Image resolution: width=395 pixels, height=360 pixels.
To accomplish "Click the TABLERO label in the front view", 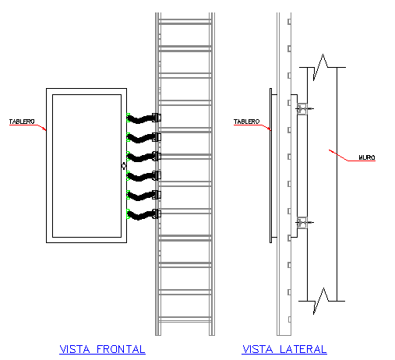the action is click(x=22, y=122).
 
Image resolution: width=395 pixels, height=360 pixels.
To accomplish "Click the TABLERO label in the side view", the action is click(x=246, y=122).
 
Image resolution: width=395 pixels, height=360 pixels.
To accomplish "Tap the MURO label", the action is click(x=367, y=157).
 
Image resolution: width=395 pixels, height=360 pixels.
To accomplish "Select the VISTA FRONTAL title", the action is click(x=102, y=349).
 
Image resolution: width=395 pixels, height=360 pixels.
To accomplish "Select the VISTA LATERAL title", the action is click(x=284, y=349).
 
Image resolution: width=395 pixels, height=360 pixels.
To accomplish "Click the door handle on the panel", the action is click(x=124, y=165).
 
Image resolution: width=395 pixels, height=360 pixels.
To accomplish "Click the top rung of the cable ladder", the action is click(x=185, y=22).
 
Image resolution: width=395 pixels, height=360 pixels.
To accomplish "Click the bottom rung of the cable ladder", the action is click(x=185, y=319).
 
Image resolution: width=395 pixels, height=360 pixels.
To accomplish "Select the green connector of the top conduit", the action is click(x=128, y=118).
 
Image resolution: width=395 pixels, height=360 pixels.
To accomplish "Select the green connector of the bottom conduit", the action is click(x=128, y=214).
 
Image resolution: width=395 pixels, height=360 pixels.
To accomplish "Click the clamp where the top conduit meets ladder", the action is click(x=157, y=118).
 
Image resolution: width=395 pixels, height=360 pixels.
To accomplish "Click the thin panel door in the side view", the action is click(x=271, y=165).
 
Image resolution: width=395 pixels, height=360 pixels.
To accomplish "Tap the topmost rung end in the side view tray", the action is click(x=289, y=22).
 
